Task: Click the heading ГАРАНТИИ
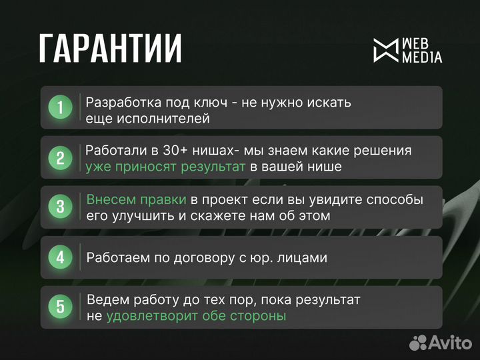(110, 48)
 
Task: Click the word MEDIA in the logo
(421, 58)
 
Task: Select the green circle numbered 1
(60, 107)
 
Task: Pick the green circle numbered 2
(60, 157)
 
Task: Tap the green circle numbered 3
(60, 207)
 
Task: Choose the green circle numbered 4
(60, 257)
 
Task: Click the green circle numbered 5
(60, 307)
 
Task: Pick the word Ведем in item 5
(107, 300)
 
